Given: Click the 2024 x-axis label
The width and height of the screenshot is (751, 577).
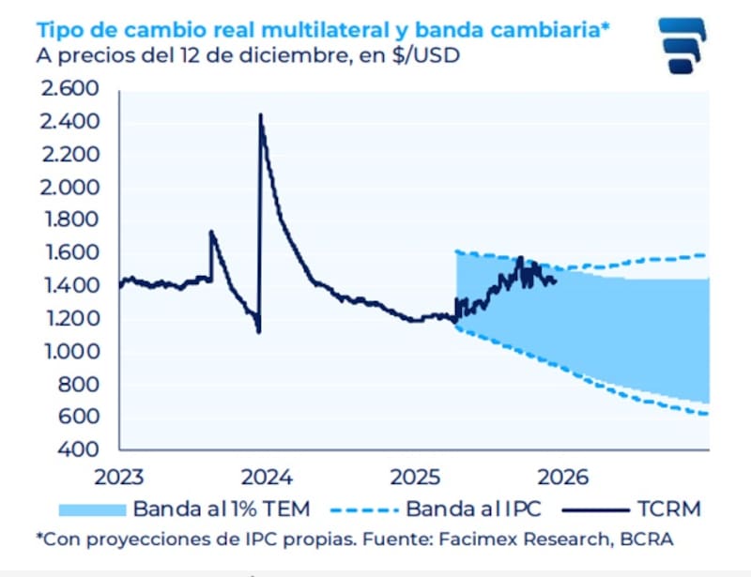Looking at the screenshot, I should [x=269, y=476].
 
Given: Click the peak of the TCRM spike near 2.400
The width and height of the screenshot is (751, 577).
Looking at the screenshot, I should [x=260, y=114].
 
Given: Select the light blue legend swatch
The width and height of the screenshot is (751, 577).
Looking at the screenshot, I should [x=91, y=509].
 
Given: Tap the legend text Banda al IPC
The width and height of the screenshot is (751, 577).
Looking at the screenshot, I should [x=475, y=509].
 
